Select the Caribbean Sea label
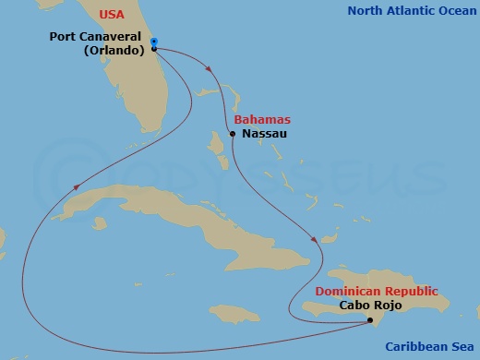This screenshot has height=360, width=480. tap(430, 347)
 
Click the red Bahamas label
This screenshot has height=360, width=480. tap(262, 120)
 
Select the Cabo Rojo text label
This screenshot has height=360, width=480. tap(372, 305)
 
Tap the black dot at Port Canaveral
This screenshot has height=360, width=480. tap(154, 49)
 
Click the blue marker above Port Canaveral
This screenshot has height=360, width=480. tap(154, 41)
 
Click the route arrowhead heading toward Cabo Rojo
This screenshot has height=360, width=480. tap(316, 241)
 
